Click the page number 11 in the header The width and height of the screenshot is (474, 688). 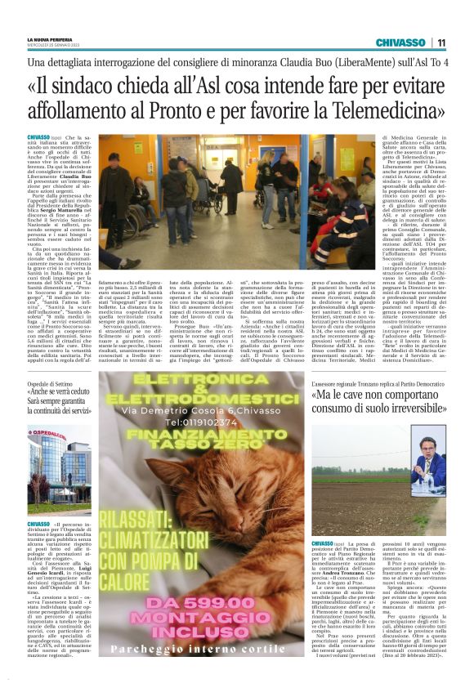point(441,42)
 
